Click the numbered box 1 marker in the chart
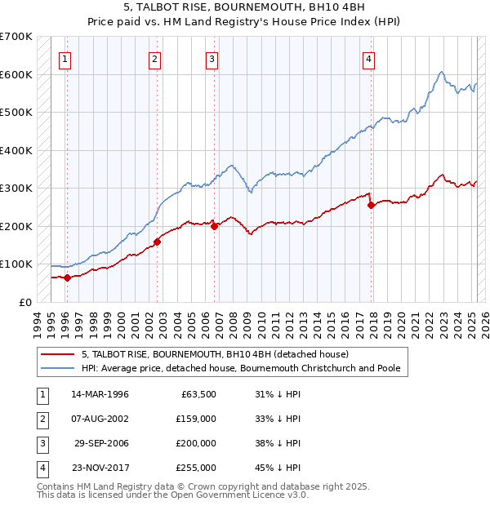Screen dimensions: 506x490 pyautogui.click(x=65, y=59)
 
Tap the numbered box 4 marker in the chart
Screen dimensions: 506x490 pyautogui.click(x=369, y=59)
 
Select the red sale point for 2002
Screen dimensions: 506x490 pyautogui.click(x=157, y=242)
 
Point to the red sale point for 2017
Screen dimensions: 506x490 pyautogui.click(x=372, y=205)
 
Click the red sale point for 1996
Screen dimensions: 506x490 pyautogui.click(x=68, y=277)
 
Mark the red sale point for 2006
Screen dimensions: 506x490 pyautogui.click(x=215, y=226)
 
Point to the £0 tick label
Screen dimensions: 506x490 pyautogui.click(x=25, y=302)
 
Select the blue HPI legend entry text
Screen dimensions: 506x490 pyautogui.click(x=241, y=368)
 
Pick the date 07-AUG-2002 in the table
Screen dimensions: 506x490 pyautogui.click(x=100, y=419)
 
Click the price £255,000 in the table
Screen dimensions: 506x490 pyautogui.click(x=196, y=468)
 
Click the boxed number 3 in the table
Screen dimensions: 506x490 pyautogui.click(x=40, y=444)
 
